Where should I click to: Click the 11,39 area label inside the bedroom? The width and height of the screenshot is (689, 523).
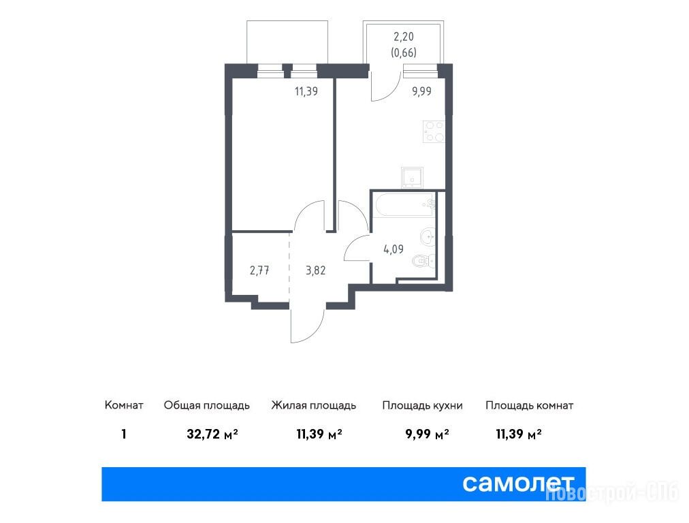[306, 91]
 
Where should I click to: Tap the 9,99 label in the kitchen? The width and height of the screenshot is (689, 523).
[421, 91]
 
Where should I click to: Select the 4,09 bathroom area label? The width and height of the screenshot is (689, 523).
[394, 249]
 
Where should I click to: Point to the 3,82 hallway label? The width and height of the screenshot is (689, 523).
[315, 270]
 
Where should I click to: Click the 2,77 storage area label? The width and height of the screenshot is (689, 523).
[259, 270]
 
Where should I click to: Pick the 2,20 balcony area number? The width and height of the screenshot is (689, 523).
[403, 37]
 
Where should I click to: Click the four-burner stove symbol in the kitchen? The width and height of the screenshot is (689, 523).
[434, 131]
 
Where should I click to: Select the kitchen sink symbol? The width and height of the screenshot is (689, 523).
[412, 178]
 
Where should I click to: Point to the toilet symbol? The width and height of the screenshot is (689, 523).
[423, 262]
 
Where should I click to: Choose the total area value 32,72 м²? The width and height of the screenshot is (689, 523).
[212, 434]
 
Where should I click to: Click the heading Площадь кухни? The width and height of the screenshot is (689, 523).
[422, 405]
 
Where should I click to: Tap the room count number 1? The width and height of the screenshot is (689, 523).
[124, 434]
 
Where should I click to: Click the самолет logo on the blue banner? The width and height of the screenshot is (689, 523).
[519, 484]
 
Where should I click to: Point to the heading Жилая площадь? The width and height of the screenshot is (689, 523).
[313, 405]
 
